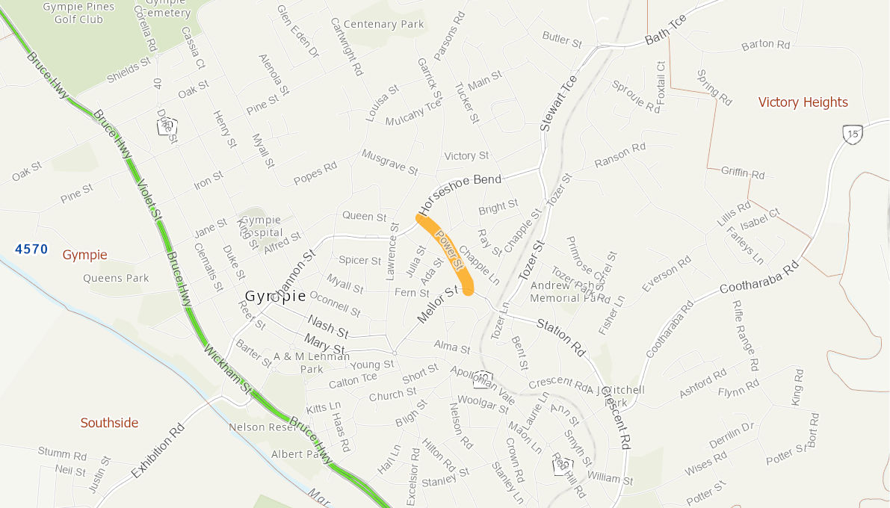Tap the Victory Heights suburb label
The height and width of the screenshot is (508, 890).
(803, 102)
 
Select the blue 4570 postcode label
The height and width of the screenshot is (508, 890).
(31, 249)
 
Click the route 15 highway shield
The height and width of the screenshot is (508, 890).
(853, 134)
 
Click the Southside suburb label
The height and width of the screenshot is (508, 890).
(109, 423)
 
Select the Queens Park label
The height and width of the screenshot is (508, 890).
(116, 278)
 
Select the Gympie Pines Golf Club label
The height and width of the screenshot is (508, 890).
(78, 13)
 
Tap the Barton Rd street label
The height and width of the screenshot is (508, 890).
(765, 45)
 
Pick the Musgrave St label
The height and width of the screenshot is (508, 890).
(389, 161)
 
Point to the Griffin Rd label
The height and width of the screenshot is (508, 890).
(743, 173)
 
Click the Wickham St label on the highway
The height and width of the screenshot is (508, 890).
(227, 369)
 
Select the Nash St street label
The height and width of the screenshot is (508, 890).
(328, 326)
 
